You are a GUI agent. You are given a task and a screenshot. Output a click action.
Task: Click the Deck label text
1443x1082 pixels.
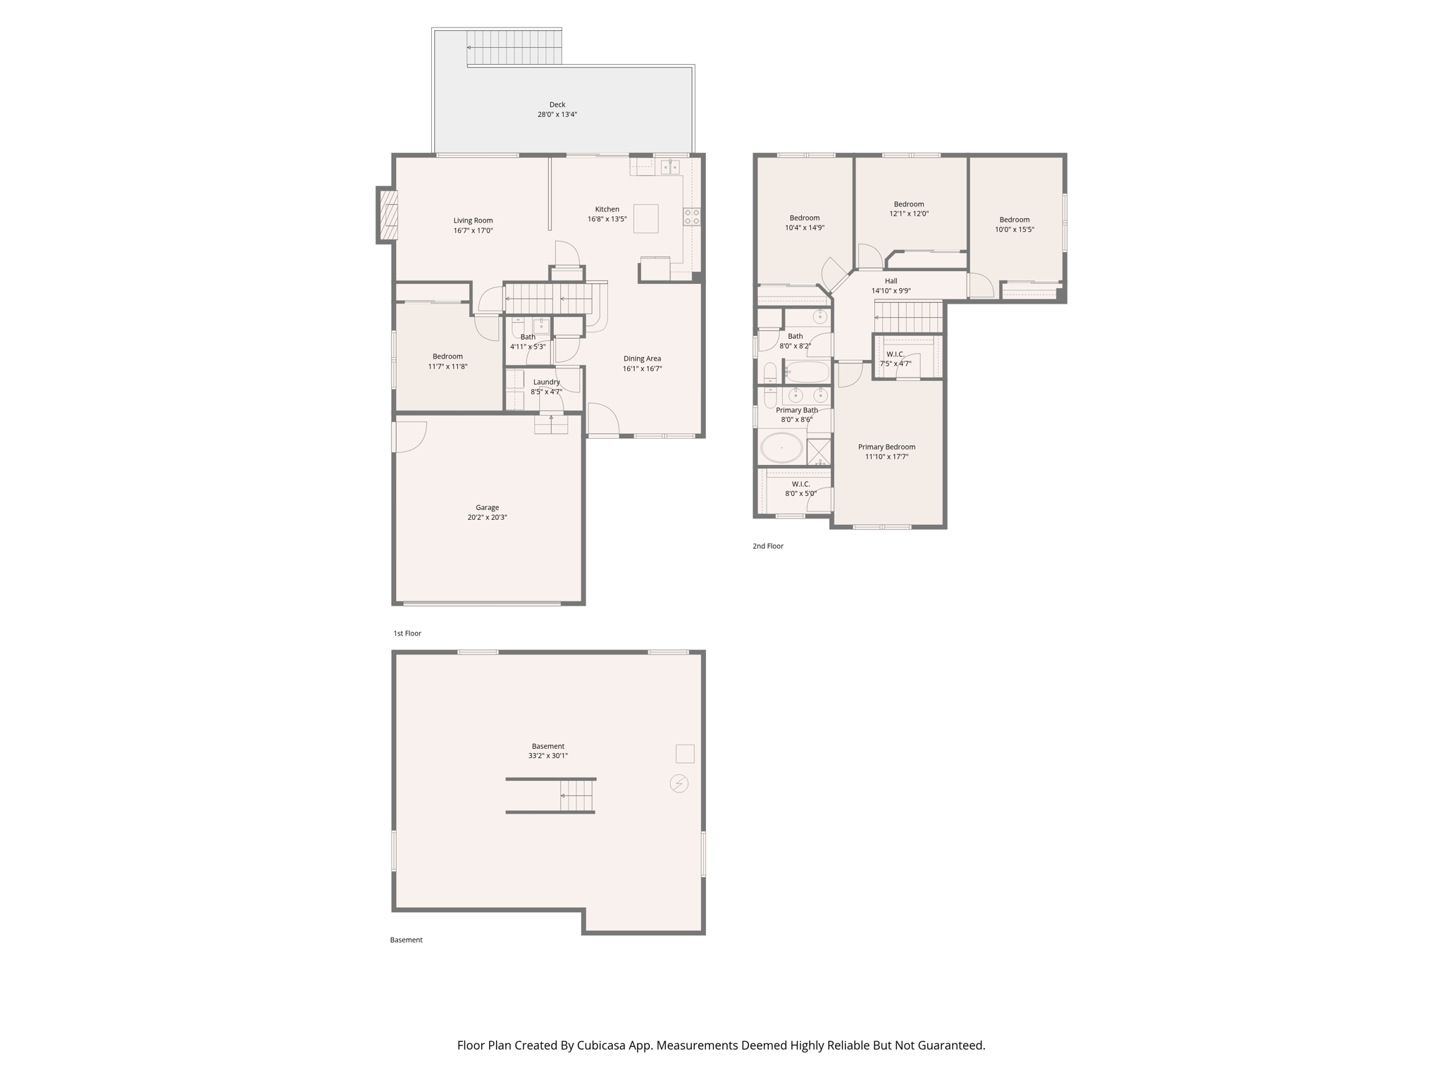pyautogui.click(x=557, y=105)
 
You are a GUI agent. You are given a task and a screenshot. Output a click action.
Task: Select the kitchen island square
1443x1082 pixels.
pyautogui.click(x=645, y=218)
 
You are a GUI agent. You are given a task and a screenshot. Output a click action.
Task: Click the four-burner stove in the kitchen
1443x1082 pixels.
pyautogui.click(x=692, y=216)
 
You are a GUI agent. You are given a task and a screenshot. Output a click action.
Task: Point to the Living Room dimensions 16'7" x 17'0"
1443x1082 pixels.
pyautogui.click(x=473, y=230)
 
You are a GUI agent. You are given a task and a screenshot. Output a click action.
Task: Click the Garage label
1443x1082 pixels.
pyautogui.click(x=487, y=507)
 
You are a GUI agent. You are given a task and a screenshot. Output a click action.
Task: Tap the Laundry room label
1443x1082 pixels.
pyautogui.click(x=546, y=382)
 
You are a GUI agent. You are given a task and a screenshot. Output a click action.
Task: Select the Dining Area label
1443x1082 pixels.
pyautogui.click(x=642, y=359)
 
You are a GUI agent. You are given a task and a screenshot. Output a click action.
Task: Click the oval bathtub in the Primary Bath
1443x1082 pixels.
pyautogui.click(x=781, y=447)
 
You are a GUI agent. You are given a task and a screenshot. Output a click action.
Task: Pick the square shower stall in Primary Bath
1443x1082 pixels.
pyautogui.click(x=819, y=451)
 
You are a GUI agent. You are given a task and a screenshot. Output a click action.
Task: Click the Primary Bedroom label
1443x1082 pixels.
pyautogui.click(x=886, y=447)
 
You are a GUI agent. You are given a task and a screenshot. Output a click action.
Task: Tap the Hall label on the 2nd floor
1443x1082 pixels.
pyautogui.click(x=891, y=281)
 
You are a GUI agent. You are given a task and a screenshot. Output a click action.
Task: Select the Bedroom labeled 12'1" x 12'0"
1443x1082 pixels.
pyautogui.click(x=909, y=204)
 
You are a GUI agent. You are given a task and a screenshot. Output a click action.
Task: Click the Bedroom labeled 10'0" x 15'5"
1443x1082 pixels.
pyautogui.click(x=1014, y=220)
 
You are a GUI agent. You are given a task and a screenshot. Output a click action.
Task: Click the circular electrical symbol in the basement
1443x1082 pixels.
pyautogui.click(x=679, y=783)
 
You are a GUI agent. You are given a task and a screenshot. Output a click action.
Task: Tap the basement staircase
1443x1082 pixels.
pyautogui.click(x=576, y=796)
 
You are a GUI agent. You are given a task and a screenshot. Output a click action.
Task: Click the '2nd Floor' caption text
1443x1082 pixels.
pyautogui.click(x=767, y=546)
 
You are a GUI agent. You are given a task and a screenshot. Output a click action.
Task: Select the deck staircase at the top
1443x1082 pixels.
pyautogui.click(x=514, y=47)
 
